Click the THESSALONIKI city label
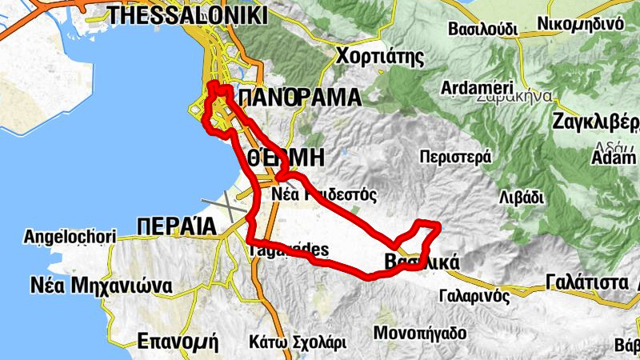tap(187, 15)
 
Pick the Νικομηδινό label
tap(581, 23)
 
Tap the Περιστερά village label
tap(454, 157)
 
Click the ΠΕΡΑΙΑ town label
tap(177, 226)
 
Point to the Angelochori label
tap(70, 237)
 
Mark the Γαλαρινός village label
tap(474, 296)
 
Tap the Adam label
tap(613, 158)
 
